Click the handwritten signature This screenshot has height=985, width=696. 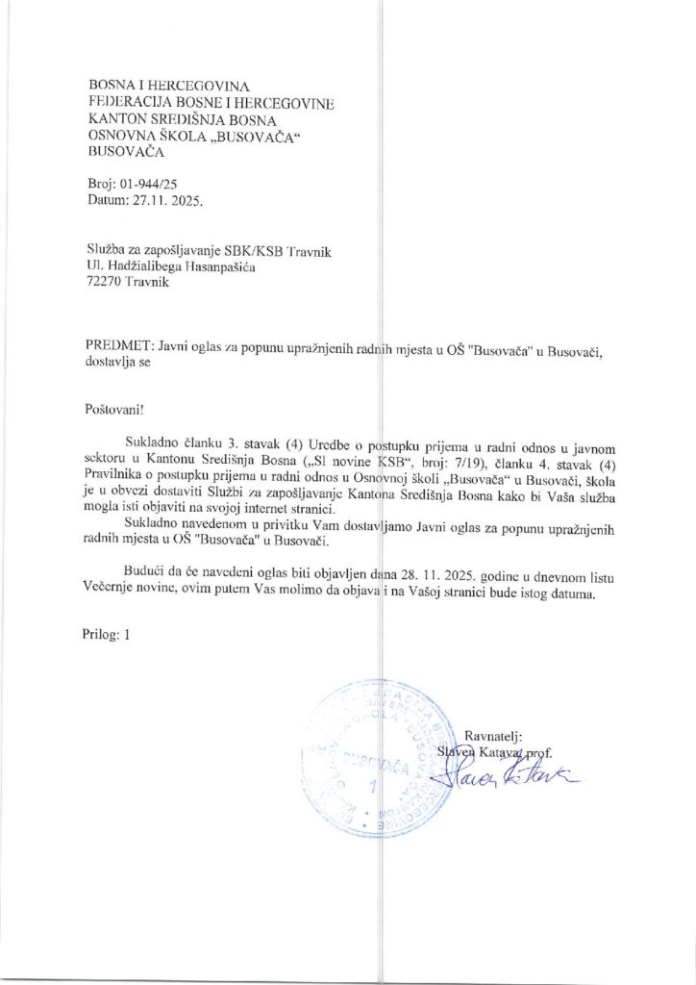(x=496, y=772)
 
